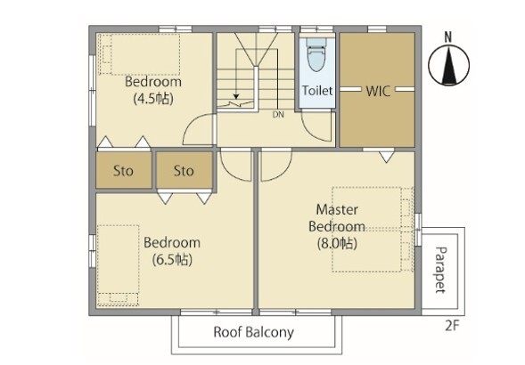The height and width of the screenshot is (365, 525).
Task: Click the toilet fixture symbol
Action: point(316,54)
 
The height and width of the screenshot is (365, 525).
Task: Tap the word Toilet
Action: point(317,91)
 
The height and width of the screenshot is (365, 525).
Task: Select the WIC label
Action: point(378,91)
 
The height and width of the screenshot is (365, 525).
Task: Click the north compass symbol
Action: point(448,65)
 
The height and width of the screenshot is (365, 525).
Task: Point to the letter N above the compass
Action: point(448,37)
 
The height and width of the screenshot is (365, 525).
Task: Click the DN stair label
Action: point(278,115)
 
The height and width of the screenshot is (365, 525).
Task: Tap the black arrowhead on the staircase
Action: point(236,97)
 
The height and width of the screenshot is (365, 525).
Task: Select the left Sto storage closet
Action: point(124,170)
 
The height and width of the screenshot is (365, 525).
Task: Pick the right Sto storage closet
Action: point(185,170)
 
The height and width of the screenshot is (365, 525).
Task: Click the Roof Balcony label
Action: point(254,332)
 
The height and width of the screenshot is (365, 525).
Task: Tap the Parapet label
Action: point(441,270)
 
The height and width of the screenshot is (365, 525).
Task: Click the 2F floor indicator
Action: point(452,326)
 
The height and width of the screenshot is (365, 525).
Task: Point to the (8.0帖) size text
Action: point(337,243)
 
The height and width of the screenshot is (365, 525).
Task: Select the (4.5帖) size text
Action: point(153,99)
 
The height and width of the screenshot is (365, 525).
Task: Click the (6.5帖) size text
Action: point(172,260)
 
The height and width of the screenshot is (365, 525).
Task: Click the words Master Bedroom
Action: point(337,218)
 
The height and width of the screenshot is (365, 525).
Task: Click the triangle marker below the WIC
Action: point(386,157)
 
